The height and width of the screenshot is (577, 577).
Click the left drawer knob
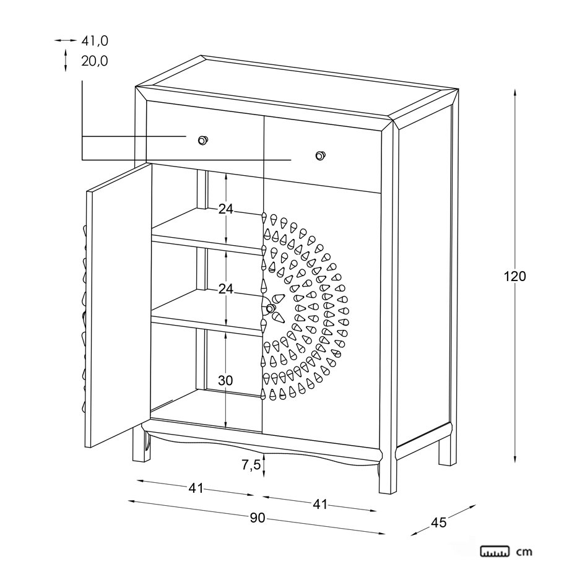coord(202,141)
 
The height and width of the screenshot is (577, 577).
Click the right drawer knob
coord(319,155)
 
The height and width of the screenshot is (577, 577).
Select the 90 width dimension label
coord(258,518)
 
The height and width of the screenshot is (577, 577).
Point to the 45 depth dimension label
coord(438,523)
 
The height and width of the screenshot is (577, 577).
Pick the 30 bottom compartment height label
coord(225,381)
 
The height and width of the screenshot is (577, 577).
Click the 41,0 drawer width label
coord(95,41)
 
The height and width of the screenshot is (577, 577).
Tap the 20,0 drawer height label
coord(95,61)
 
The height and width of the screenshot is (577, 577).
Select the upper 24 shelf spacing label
coord(225,209)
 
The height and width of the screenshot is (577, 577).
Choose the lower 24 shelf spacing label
coord(225,289)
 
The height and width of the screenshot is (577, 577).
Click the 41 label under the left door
coord(196,488)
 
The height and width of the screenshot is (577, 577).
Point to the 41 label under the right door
coord(319,505)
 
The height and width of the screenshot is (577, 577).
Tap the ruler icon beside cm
coord(495,550)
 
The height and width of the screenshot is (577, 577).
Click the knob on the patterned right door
coord(271,308)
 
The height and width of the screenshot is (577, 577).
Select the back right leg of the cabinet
coord(445,452)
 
